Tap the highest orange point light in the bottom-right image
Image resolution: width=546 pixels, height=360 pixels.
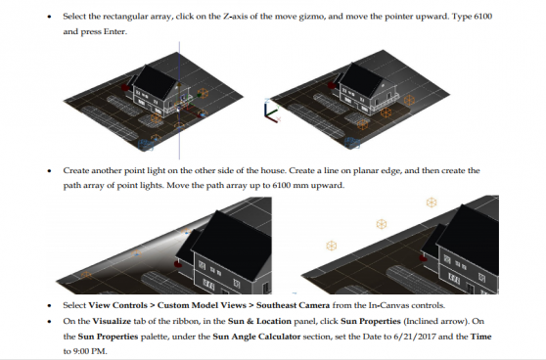point(431,203)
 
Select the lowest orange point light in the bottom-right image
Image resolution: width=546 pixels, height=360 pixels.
point(331,245)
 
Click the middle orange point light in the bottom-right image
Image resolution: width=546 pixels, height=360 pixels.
point(382,224)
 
